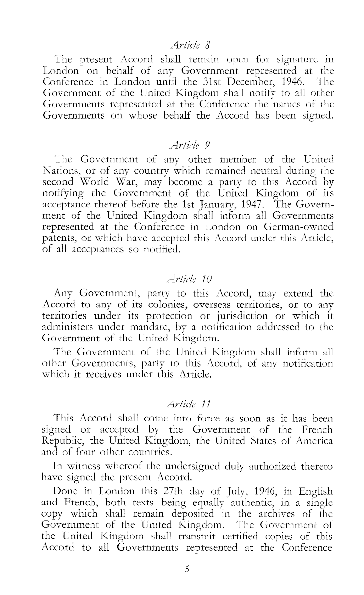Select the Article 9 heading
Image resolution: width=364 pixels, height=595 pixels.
coord(188,145)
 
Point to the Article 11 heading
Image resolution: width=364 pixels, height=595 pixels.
coord(188,404)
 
